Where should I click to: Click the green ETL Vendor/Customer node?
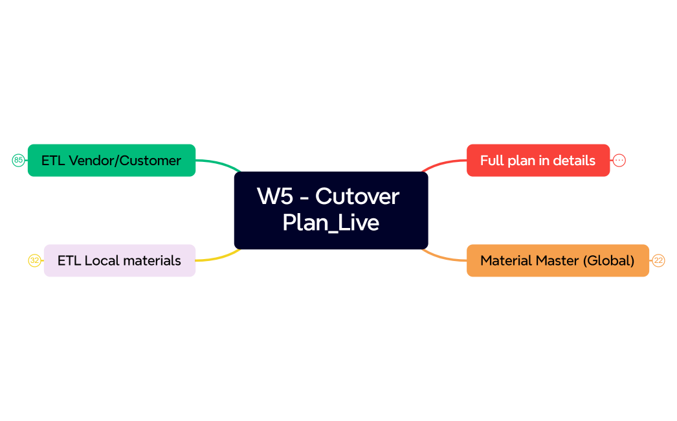point(111,160)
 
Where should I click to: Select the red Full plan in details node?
point(538,160)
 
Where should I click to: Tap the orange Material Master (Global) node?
point(557,260)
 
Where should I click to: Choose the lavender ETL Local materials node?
point(119,260)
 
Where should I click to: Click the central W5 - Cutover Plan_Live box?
point(331,210)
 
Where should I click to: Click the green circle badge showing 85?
point(18,160)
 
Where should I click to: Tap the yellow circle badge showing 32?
point(34,260)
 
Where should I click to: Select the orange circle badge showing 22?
point(658,260)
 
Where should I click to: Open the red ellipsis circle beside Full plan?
point(619,160)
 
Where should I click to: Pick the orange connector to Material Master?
point(444,258)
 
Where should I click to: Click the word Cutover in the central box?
point(357,196)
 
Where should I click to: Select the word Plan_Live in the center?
point(331,223)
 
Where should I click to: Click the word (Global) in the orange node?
point(608,260)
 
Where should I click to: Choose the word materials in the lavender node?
point(152,260)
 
